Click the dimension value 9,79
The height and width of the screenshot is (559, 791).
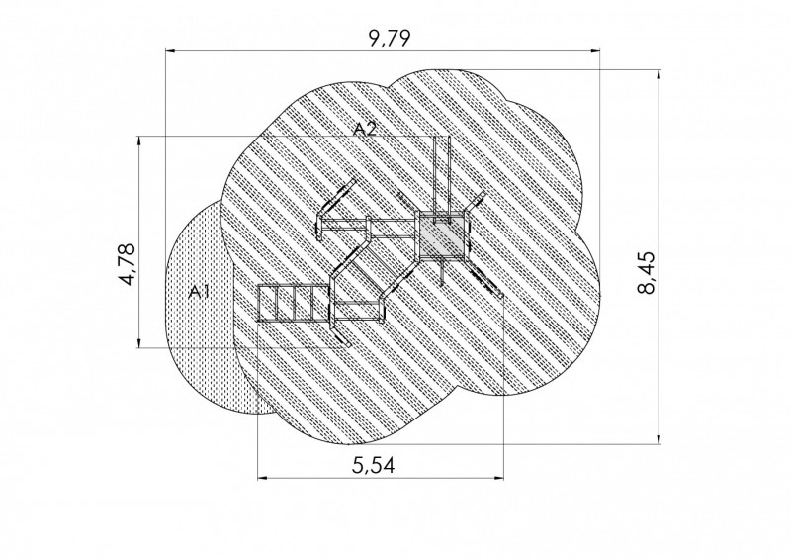(x=390, y=39)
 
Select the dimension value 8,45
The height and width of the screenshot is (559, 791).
(x=647, y=272)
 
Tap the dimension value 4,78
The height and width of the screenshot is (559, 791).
(x=127, y=264)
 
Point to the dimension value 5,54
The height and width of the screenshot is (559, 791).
(x=374, y=465)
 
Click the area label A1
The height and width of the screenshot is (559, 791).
(x=199, y=291)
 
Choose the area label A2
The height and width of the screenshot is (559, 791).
(x=365, y=129)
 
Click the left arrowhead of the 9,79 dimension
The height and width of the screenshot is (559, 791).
(x=170, y=51)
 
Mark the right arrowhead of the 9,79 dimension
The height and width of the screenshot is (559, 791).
(x=595, y=51)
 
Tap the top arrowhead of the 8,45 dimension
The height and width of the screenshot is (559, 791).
(x=659, y=76)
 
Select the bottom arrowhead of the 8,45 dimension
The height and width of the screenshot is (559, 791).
(x=659, y=439)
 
